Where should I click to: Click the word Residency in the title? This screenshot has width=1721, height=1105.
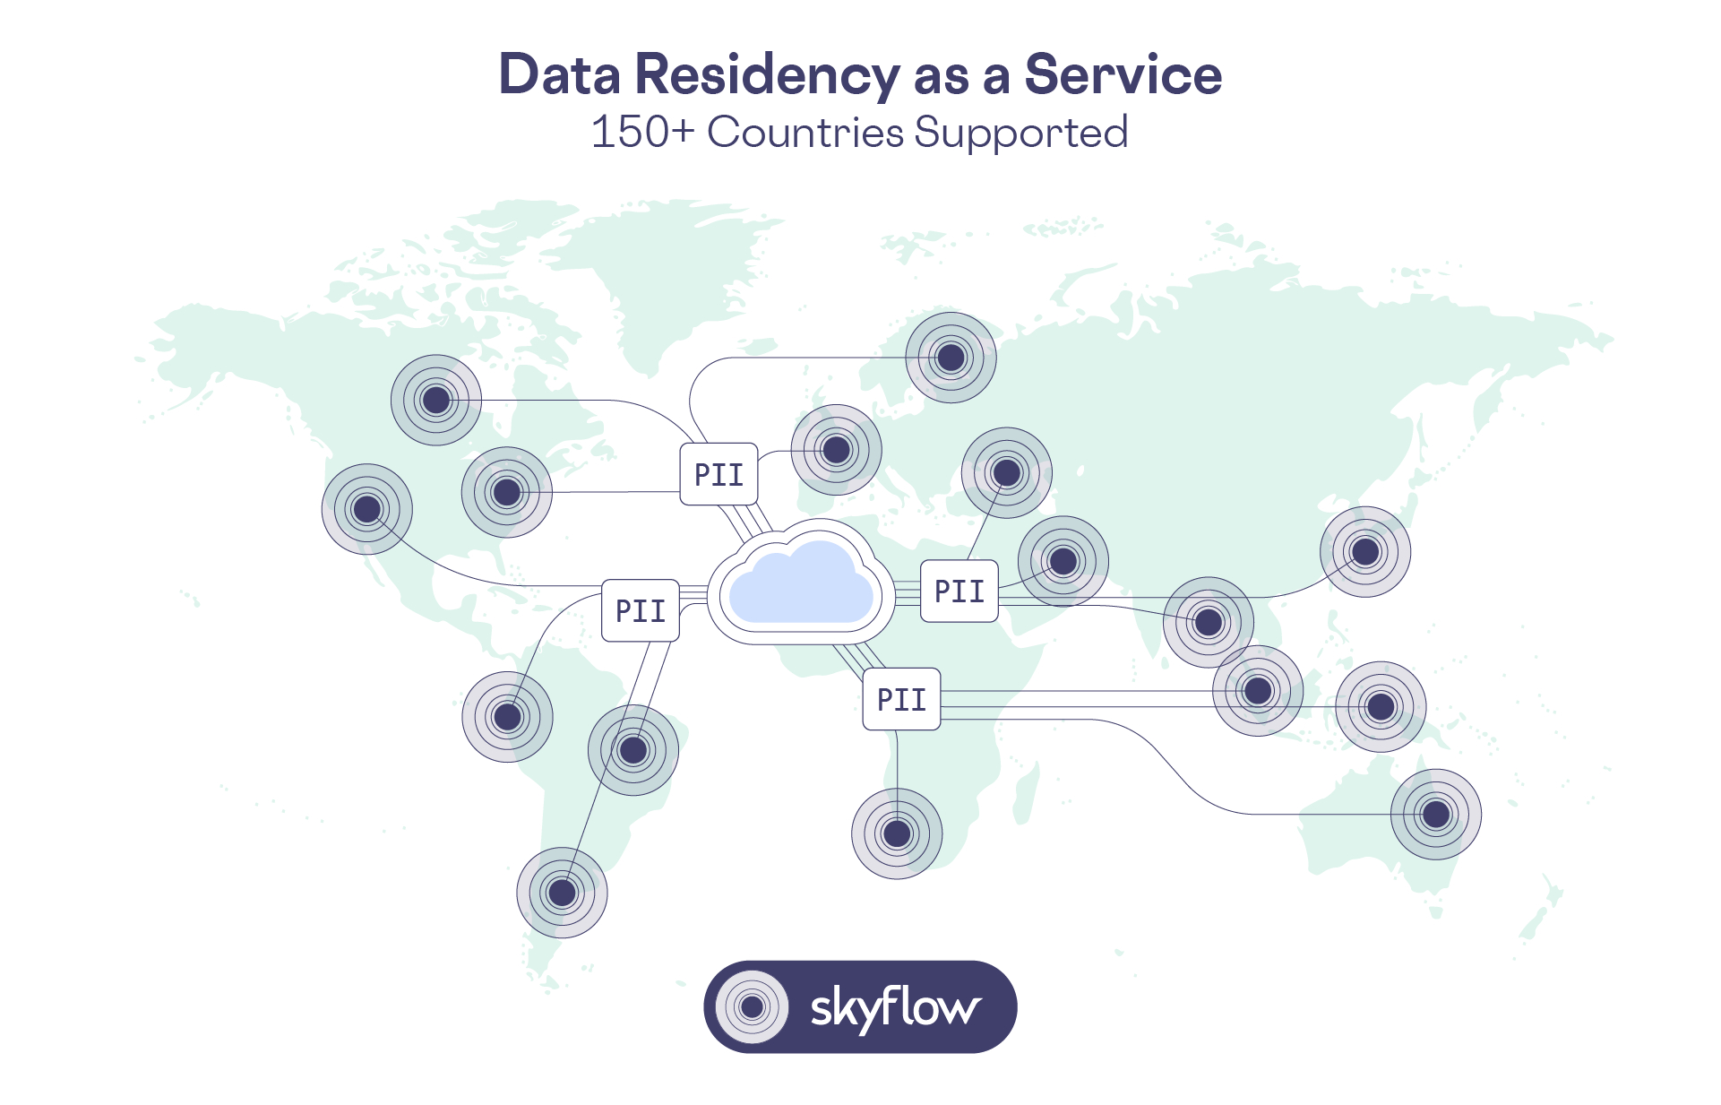pyautogui.click(x=767, y=75)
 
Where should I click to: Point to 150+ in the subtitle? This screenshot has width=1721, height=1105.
pyautogui.click(x=642, y=132)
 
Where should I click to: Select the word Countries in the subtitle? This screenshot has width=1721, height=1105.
pyautogui.click(x=805, y=132)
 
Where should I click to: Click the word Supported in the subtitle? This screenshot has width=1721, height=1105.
pyautogui.click(x=1020, y=134)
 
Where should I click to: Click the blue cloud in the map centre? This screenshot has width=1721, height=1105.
pyautogui.click(x=800, y=584)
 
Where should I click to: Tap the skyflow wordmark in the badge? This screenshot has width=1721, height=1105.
pyautogui.click(x=895, y=1007)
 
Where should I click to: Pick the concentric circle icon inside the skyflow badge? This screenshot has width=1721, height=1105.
pyautogui.click(x=753, y=1006)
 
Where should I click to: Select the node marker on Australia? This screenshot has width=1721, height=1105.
pyautogui.click(x=1435, y=814)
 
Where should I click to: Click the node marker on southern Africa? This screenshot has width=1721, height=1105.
pyautogui.click(x=897, y=833)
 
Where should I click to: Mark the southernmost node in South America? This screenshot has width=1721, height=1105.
pyautogui.click(x=562, y=893)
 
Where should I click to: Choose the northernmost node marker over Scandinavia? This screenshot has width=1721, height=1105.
pyautogui.click(x=951, y=358)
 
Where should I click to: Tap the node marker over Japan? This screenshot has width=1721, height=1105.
pyautogui.click(x=1365, y=551)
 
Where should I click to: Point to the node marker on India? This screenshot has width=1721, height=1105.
pyautogui.click(x=1209, y=622)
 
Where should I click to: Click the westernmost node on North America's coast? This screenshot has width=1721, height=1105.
pyautogui.click(x=367, y=509)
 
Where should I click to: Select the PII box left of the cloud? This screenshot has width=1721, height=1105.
pyautogui.click(x=641, y=610)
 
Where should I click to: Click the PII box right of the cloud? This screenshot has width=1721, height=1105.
pyautogui.click(x=959, y=591)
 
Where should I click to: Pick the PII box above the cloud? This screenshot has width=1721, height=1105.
pyautogui.click(x=719, y=474)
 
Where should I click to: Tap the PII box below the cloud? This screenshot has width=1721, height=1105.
pyautogui.click(x=901, y=699)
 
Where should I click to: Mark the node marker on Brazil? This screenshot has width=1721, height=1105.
pyautogui.click(x=633, y=750)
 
